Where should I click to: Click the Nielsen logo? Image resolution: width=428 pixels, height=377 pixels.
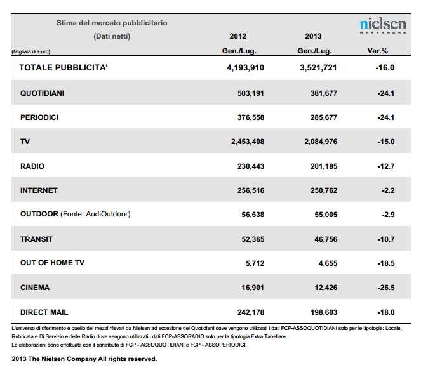383,26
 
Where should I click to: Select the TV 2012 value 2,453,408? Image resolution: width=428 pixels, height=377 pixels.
248,142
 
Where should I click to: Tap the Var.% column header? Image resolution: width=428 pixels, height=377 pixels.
377,51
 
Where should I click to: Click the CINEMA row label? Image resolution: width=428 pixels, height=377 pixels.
35,288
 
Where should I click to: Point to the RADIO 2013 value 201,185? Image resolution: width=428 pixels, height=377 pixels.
324,166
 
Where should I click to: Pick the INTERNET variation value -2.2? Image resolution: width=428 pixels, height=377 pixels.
388,190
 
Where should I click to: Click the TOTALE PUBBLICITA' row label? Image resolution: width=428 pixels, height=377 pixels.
64,67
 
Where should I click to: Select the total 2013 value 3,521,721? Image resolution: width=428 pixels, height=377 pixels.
318,68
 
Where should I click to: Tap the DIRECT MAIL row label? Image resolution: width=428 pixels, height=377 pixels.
44,312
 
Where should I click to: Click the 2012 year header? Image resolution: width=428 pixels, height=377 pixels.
237,36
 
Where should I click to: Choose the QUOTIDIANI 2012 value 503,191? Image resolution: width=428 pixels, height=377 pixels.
251,93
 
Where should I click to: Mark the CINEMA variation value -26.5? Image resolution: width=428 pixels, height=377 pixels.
386,288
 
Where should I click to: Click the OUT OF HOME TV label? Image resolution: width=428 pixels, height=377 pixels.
52,263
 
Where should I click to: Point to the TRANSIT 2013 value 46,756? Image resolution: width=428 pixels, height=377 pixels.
326,239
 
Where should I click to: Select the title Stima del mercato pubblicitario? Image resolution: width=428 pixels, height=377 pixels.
112,23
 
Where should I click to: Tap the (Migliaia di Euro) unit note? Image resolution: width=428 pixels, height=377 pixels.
31,51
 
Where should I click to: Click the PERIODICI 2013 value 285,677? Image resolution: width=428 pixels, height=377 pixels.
324,117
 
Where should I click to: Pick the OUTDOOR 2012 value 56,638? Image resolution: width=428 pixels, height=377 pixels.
253,215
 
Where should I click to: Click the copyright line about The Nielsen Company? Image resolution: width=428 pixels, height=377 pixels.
84,359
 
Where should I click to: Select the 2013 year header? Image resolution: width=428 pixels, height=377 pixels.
313,36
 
